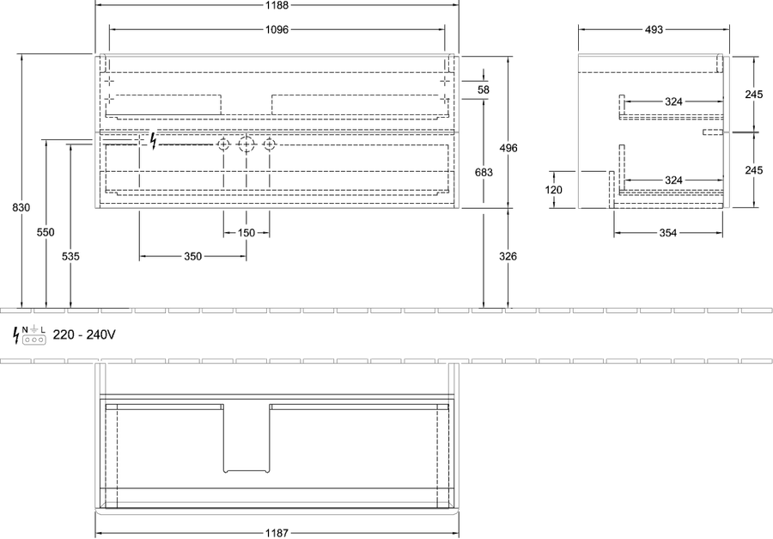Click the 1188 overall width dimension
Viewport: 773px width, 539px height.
coord(277,5)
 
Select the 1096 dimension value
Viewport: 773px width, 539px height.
coord(277,29)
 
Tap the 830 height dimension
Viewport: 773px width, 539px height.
coord(21,208)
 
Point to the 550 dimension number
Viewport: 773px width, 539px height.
coord(46,232)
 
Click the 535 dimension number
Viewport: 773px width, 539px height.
coord(70,256)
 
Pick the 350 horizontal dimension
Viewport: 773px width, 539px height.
coord(192,256)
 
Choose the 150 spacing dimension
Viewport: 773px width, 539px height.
coord(246,232)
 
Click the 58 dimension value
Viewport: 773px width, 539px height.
coord(484,89)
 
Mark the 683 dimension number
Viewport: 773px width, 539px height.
coord(484,172)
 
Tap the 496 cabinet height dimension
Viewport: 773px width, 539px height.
coord(508,148)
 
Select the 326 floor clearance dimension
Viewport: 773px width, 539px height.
coord(508,256)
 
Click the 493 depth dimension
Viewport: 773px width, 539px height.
coord(654,29)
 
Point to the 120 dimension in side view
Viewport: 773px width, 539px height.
coord(554,190)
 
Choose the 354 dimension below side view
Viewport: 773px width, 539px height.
coord(668,233)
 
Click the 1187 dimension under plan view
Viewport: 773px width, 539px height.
coord(277,533)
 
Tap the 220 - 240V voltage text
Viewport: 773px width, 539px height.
coord(84,334)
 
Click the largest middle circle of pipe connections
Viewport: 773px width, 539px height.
coord(246,144)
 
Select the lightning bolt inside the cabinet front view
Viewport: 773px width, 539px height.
coord(154,141)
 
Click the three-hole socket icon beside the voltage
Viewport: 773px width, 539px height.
coord(34,340)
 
